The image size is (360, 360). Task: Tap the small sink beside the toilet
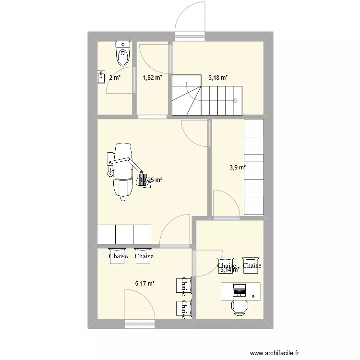click(x=101, y=77)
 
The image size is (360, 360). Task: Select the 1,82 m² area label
click(x=153, y=78)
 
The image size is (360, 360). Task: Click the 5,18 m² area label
click(x=218, y=77)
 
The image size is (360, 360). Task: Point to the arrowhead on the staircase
click(x=236, y=100)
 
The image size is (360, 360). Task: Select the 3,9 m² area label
click(x=237, y=168)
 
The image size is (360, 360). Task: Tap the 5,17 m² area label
click(x=145, y=284)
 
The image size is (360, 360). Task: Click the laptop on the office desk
click(x=239, y=290)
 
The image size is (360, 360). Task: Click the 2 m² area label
click(x=115, y=78)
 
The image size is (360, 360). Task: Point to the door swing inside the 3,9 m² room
click(x=226, y=204)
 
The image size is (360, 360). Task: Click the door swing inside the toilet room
click(x=119, y=82)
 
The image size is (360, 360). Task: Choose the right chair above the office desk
click(x=252, y=263)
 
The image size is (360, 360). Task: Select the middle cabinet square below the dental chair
click(x=124, y=234)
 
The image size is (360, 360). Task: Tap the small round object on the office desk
click(x=253, y=296)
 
